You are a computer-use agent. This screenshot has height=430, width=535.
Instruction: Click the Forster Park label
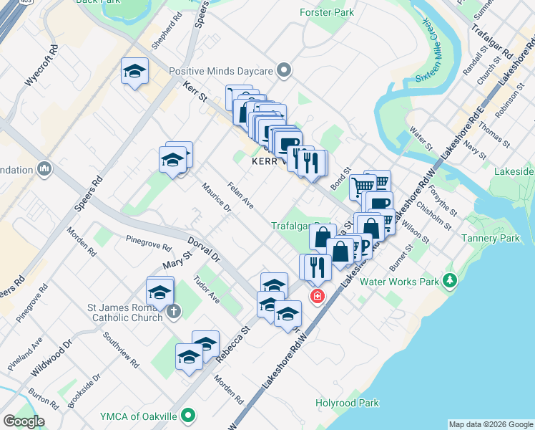click(328, 13)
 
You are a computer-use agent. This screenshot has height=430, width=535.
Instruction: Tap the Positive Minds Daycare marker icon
click(285, 71)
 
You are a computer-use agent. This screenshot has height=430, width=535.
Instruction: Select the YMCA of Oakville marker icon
click(188, 415)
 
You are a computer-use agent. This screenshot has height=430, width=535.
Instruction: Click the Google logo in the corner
click(24, 421)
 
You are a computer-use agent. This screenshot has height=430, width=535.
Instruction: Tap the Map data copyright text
click(490, 424)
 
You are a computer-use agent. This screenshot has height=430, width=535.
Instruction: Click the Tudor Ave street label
click(206, 290)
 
